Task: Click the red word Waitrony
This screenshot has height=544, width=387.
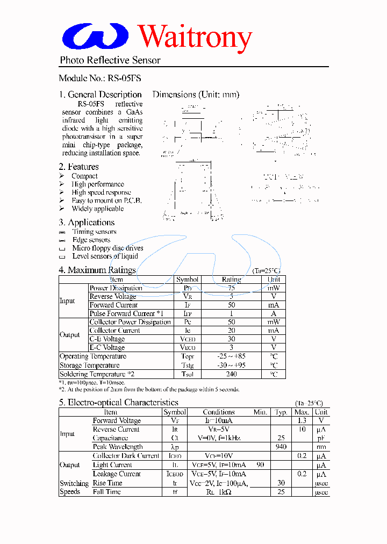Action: coord(195,37)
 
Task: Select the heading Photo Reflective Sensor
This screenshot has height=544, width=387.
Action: coord(110,60)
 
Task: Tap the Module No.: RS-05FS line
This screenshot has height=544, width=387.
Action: coord(100,78)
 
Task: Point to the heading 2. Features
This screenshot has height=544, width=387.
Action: coord(79,167)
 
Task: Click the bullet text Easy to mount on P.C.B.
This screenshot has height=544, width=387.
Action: coord(106,201)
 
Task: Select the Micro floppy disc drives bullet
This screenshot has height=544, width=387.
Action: coord(107,248)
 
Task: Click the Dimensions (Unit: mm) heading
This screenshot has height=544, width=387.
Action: coord(196,95)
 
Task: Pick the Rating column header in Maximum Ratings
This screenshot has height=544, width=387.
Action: coord(231,280)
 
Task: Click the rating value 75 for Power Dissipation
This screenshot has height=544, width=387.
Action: coord(231,288)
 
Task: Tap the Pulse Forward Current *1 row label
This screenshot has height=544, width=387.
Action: coord(126,313)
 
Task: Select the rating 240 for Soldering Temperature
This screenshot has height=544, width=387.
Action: coord(231,374)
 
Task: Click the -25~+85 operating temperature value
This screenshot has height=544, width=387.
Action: coord(231,356)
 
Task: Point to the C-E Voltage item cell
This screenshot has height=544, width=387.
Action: coord(107,339)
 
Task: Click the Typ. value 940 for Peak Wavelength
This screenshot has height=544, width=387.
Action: coord(281,447)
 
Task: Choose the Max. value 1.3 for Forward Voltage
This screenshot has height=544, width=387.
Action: coord(302,421)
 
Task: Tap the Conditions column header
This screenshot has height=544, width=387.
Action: coord(219,412)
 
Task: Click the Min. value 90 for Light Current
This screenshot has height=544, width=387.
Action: coord(260,464)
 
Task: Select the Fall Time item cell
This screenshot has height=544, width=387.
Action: coord(106,492)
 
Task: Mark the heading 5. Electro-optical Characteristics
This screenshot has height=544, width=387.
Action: coord(118,403)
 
